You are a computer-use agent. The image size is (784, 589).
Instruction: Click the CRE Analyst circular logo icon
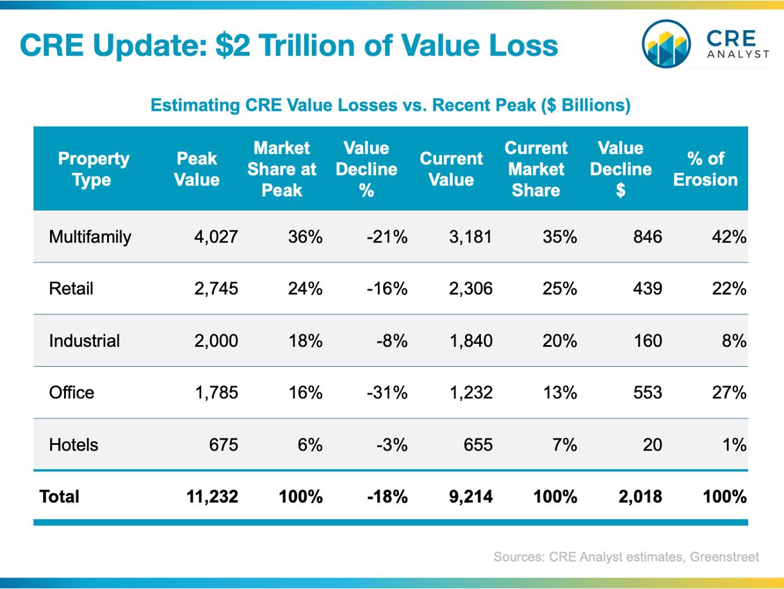pos(666,44)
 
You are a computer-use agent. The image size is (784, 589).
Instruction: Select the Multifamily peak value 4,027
pos(216,237)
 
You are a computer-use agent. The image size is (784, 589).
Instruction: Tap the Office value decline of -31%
pos(387,392)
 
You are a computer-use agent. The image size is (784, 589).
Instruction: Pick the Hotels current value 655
pos(478,445)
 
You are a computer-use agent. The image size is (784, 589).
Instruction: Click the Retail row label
pos(71,289)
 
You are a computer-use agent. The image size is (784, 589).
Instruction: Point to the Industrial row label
pos(85,341)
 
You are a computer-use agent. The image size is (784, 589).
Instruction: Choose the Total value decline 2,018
pos(640,497)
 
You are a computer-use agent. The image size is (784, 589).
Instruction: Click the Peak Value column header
pos(197,169)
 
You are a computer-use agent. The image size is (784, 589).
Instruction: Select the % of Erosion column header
pos(705,169)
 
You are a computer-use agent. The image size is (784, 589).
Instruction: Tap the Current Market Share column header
pos(535,169)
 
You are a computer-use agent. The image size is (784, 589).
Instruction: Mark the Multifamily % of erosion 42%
pos(729,237)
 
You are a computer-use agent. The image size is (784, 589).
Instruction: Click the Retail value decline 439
pos(648,289)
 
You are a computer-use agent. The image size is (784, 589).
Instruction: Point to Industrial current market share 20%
pos(560,341)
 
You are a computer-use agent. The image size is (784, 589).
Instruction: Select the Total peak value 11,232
pos(212,497)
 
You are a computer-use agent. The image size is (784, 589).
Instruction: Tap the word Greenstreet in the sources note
pos(724,557)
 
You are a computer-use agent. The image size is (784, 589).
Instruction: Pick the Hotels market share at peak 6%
pos(310,445)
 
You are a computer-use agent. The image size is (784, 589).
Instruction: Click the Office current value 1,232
pos(471,392)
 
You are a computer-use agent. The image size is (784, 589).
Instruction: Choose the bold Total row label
pos(60,497)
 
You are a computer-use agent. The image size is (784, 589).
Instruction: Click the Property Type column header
pos(94,169)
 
